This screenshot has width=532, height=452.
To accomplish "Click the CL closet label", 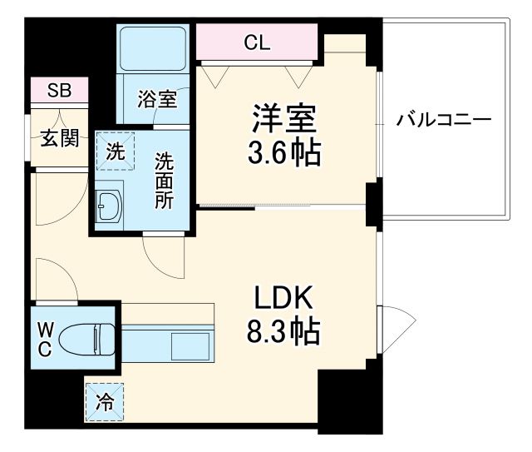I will click(x=257, y=42).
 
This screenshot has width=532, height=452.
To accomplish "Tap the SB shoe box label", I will click(x=58, y=90).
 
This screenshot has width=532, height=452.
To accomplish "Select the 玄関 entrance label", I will click(x=60, y=138).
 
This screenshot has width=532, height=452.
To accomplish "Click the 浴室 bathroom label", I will click(x=156, y=100).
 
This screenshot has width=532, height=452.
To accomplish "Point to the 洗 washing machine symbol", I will click(x=116, y=152).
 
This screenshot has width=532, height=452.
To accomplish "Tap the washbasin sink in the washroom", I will click(x=109, y=205).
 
